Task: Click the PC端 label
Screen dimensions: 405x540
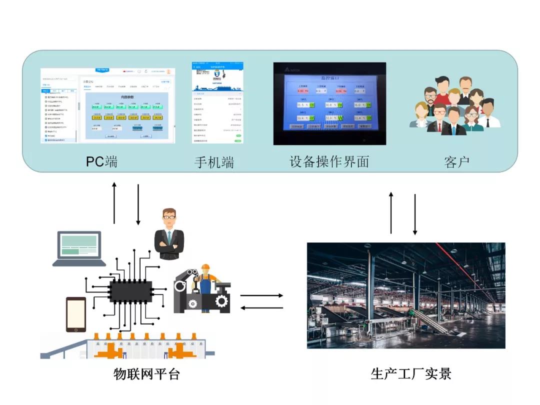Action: (102, 162)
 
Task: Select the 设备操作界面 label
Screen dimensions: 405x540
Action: (329, 162)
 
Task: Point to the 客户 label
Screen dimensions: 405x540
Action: (456, 162)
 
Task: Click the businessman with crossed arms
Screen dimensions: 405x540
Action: (169, 235)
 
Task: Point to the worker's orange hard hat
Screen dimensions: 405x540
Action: (205, 267)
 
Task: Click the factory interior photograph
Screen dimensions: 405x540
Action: (405, 295)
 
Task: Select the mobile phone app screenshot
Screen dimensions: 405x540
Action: (217, 103)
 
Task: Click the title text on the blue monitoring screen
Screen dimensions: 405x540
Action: (329, 78)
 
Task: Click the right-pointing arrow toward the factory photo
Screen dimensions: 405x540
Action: (261, 295)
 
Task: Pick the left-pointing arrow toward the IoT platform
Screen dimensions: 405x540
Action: (261, 307)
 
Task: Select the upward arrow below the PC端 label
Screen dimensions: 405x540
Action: (114, 203)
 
